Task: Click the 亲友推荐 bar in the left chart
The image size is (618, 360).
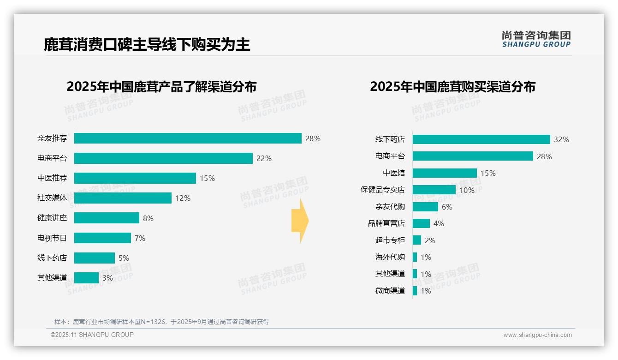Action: [188, 138]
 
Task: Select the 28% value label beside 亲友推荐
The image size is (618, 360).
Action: [313, 138]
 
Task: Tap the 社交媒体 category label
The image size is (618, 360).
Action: [52, 198]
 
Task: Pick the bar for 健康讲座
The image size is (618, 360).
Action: [107, 218]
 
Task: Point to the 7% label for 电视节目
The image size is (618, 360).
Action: [140, 238]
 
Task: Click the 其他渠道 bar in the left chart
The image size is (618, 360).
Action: [86, 278]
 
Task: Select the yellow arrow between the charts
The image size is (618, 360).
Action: [300, 221]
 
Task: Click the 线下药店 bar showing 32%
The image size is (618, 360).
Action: [481, 139]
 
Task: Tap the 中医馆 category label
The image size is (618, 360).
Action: [394, 173]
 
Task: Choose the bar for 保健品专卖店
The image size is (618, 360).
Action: [434, 190]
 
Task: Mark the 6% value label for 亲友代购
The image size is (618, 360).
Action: [447, 207]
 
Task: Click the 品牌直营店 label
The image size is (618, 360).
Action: [386, 223]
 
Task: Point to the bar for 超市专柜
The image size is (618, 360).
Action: [417, 240]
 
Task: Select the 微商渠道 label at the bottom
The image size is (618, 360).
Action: [390, 291]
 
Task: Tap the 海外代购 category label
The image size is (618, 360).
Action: [390, 257]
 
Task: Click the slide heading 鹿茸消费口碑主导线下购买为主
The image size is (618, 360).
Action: [147, 44]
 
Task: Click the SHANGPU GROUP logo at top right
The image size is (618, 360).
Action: [536, 39]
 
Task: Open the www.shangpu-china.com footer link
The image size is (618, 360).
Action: [537, 335]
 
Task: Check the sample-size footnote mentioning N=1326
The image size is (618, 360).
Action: [161, 322]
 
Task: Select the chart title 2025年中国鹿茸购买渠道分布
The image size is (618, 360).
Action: [452, 87]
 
